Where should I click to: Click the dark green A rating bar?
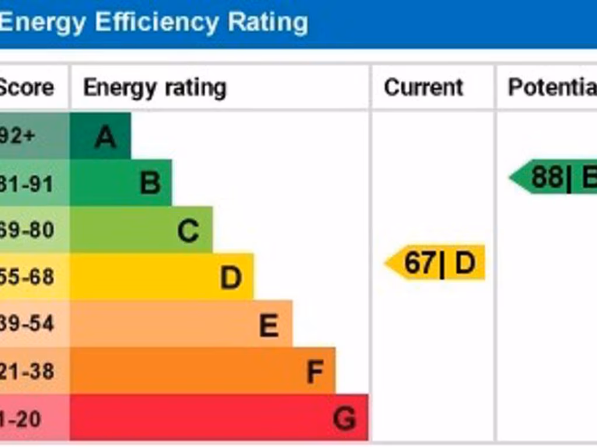[x=100, y=136]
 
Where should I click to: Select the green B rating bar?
[x=121, y=183]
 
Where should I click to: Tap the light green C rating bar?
[x=141, y=230]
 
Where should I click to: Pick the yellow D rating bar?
[x=161, y=276]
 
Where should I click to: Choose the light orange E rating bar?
[x=181, y=324]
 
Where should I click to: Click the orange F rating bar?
[x=202, y=371]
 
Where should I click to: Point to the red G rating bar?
[x=219, y=417]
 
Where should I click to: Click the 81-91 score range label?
[x=27, y=183]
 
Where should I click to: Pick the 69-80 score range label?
[x=27, y=230]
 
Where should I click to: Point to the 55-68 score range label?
[x=27, y=277]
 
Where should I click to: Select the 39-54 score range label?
[x=27, y=324]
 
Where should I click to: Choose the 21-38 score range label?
[x=27, y=371]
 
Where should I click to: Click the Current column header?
[x=423, y=87]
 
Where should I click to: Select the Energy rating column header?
[x=154, y=88]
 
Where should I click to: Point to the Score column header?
[x=26, y=88]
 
